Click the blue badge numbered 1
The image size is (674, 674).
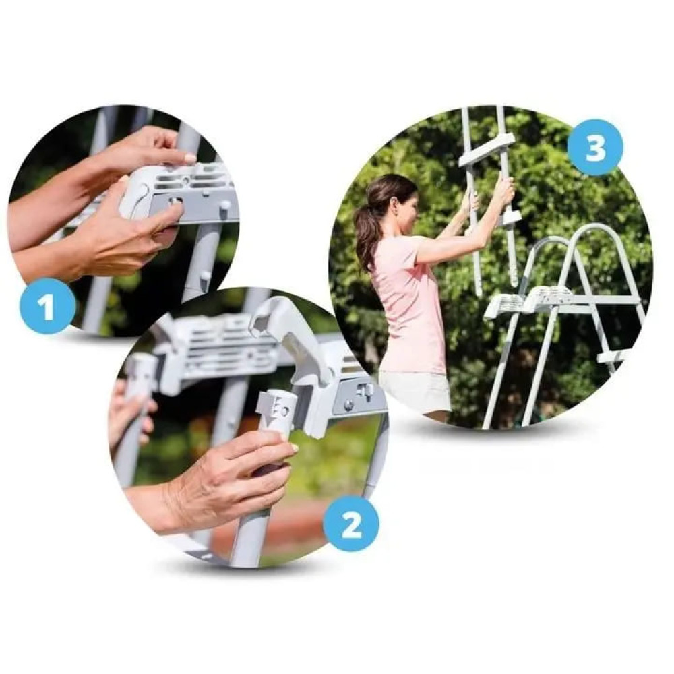[x=48, y=306]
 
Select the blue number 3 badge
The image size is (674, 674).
[x=595, y=147]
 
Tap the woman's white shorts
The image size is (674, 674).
[x=415, y=391]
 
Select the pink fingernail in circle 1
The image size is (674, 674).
[x=189, y=158]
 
